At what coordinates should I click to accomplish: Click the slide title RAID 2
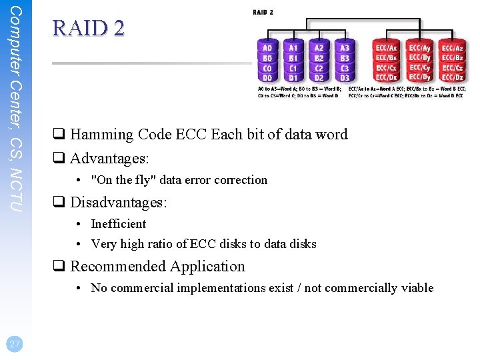click(88, 28)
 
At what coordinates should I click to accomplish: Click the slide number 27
click(13, 344)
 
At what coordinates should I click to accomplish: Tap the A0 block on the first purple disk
click(267, 48)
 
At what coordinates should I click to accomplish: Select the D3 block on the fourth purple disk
click(345, 77)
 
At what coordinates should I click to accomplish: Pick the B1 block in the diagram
click(293, 58)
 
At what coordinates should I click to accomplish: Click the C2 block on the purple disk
click(319, 68)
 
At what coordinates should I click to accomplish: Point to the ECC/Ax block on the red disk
click(387, 48)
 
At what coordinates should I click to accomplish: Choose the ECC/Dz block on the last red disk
click(453, 77)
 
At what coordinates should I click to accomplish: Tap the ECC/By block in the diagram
click(420, 58)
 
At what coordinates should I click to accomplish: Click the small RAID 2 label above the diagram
click(263, 12)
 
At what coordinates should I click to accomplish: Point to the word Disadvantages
click(119, 202)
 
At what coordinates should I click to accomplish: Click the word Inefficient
click(118, 224)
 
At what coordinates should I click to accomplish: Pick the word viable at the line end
click(417, 288)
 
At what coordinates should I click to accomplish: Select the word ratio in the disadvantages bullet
click(160, 244)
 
